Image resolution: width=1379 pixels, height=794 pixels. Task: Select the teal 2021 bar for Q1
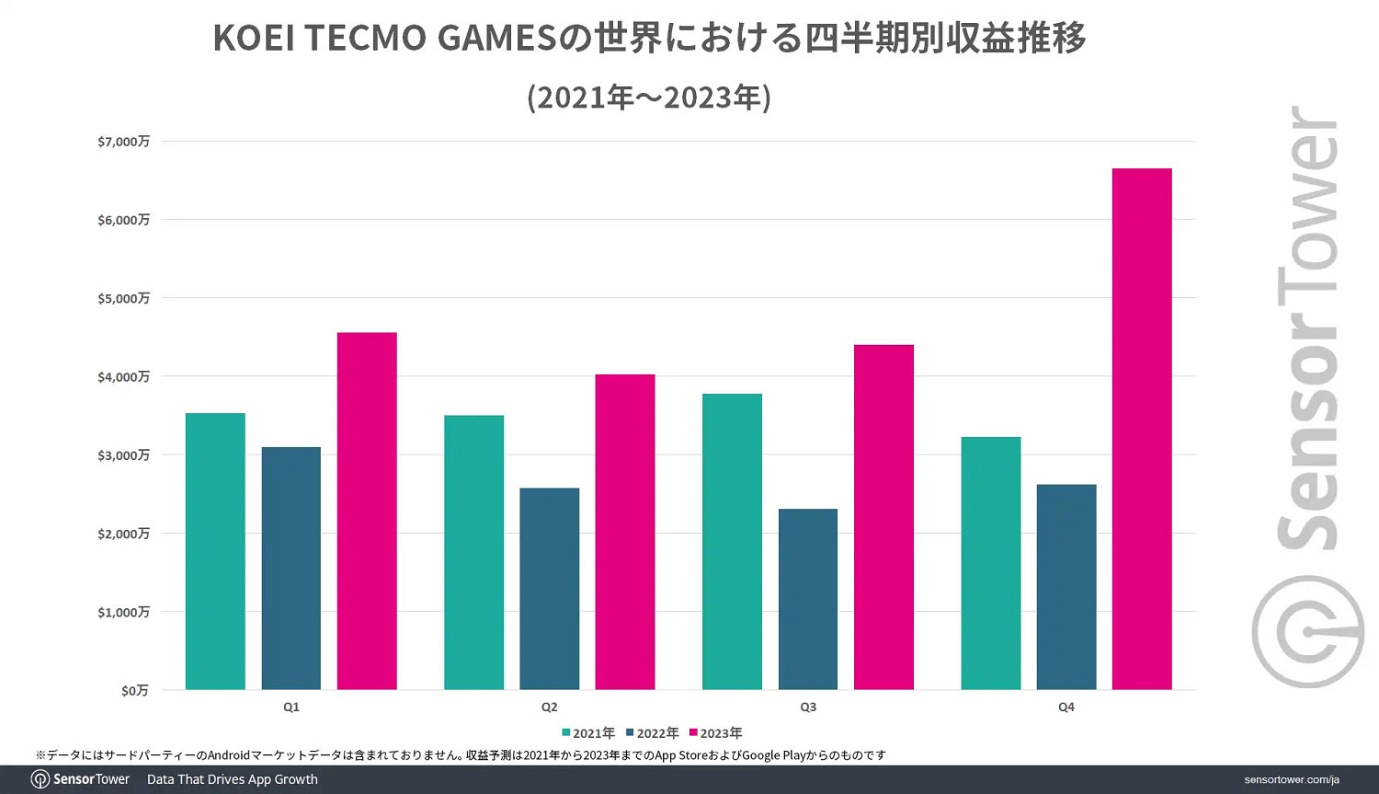pyautogui.click(x=215, y=551)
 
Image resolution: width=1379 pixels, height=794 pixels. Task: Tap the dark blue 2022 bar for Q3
pyautogui.click(x=808, y=599)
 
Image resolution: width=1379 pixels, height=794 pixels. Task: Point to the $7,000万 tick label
pyautogui.click(x=123, y=142)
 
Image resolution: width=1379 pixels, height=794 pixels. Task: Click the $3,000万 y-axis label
pyautogui.click(x=123, y=455)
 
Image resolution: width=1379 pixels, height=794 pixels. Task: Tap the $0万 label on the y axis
pyautogui.click(x=134, y=690)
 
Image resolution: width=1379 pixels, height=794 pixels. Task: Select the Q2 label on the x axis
pyautogui.click(x=549, y=707)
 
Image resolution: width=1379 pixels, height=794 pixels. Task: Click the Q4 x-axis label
pyautogui.click(x=1066, y=707)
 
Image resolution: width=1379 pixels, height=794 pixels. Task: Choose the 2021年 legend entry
pyautogui.click(x=588, y=733)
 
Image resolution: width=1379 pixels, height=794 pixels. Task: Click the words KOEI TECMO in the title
pyautogui.click(x=320, y=39)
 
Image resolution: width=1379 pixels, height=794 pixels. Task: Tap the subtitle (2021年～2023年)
pyautogui.click(x=649, y=97)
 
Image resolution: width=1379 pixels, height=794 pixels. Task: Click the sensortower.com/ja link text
pyautogui.click(x=1292, y=779)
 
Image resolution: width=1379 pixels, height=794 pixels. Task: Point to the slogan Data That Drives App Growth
pyautogui.click(x=233, y=779)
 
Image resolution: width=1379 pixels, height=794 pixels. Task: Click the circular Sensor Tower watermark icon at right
pyautogui.click(x=1307, y=631)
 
